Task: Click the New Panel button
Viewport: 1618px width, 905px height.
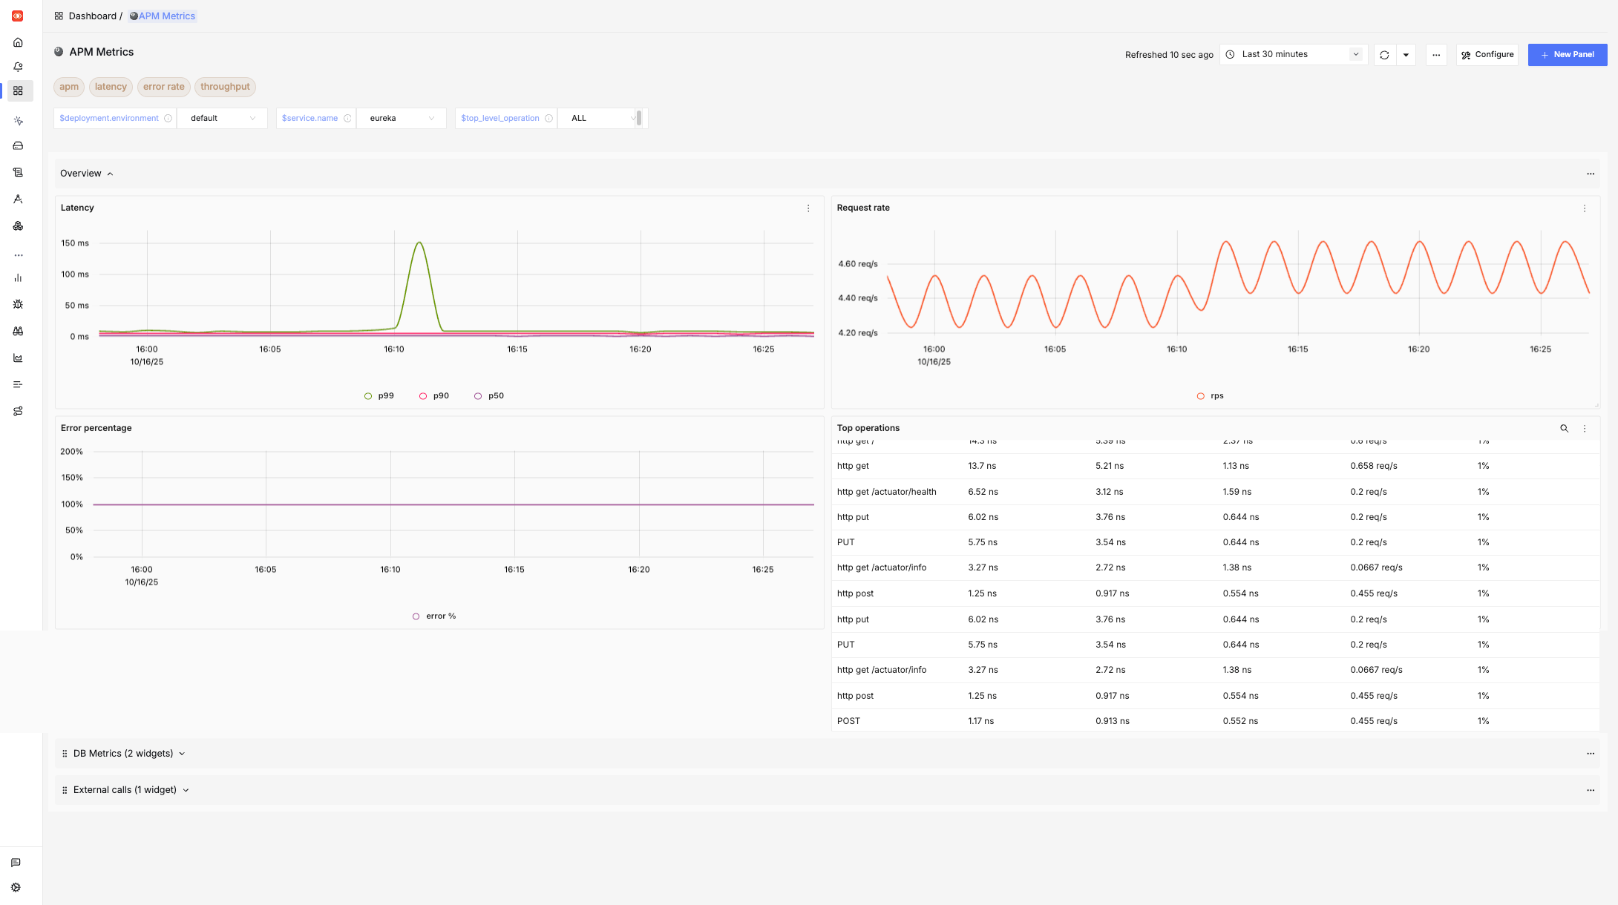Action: (1567, 55)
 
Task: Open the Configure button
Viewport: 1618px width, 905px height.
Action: (1487, 55)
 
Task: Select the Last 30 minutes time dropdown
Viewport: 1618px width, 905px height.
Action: (1293, 55)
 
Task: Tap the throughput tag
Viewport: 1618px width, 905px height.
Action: (225, 87)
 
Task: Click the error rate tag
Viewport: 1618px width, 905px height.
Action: (163, 87)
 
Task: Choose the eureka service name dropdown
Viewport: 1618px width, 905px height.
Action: (401, 119)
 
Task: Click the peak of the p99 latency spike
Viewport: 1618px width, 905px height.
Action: (419, 243)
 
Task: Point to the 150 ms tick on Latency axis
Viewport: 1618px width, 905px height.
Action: (75, 243)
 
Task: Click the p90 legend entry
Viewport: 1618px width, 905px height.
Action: (434, 396)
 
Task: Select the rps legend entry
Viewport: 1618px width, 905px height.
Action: (1211, 396)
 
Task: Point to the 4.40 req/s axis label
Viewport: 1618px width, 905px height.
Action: (857, 298)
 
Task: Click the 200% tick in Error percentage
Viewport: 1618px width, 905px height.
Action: (72, 452)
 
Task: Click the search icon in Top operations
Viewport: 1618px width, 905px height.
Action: (1564, 429)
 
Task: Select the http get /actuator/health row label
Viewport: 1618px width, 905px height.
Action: (886, 492)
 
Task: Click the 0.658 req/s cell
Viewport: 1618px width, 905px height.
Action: (1373, 466)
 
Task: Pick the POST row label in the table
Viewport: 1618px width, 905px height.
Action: (848, 721)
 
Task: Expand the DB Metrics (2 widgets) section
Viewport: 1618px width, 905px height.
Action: (123, 754)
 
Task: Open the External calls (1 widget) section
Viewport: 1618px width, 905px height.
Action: (125, 790)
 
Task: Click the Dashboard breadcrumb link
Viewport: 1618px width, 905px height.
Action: (92, 16)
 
